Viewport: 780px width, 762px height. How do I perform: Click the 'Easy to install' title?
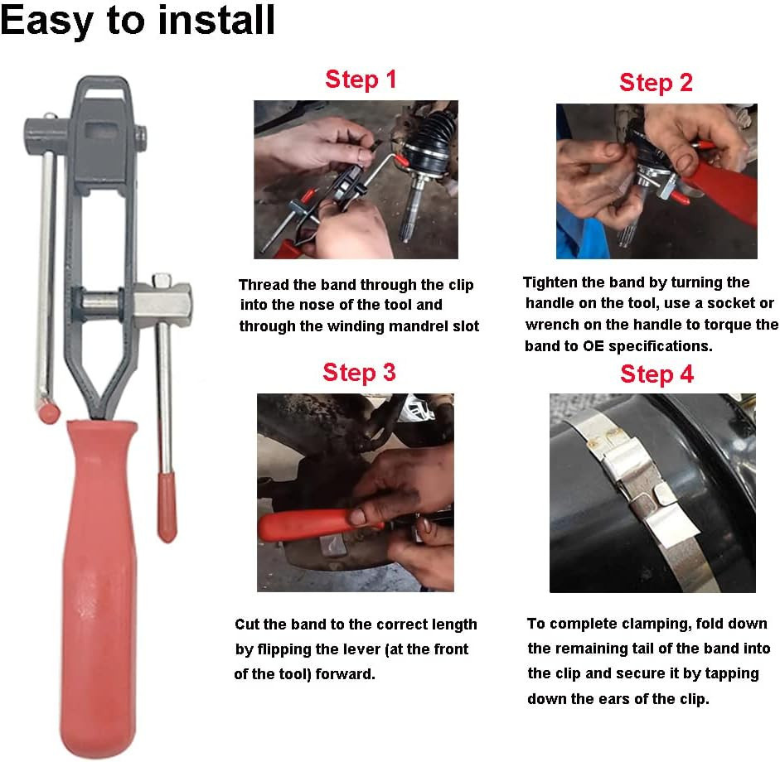[138, 21]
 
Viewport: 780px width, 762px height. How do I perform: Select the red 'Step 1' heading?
[361, 80]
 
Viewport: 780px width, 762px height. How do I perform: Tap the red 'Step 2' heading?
[656, 83]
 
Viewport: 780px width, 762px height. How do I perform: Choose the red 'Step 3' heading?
[359, 372]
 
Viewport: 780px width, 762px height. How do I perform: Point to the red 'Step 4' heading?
[656, 374]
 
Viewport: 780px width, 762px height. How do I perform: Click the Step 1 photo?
[356, 180]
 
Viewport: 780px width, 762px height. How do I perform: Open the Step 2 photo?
[656, 181]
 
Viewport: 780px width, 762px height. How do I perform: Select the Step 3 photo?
[356, 492]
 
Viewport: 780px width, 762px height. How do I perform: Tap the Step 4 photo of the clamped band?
[652, 493]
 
